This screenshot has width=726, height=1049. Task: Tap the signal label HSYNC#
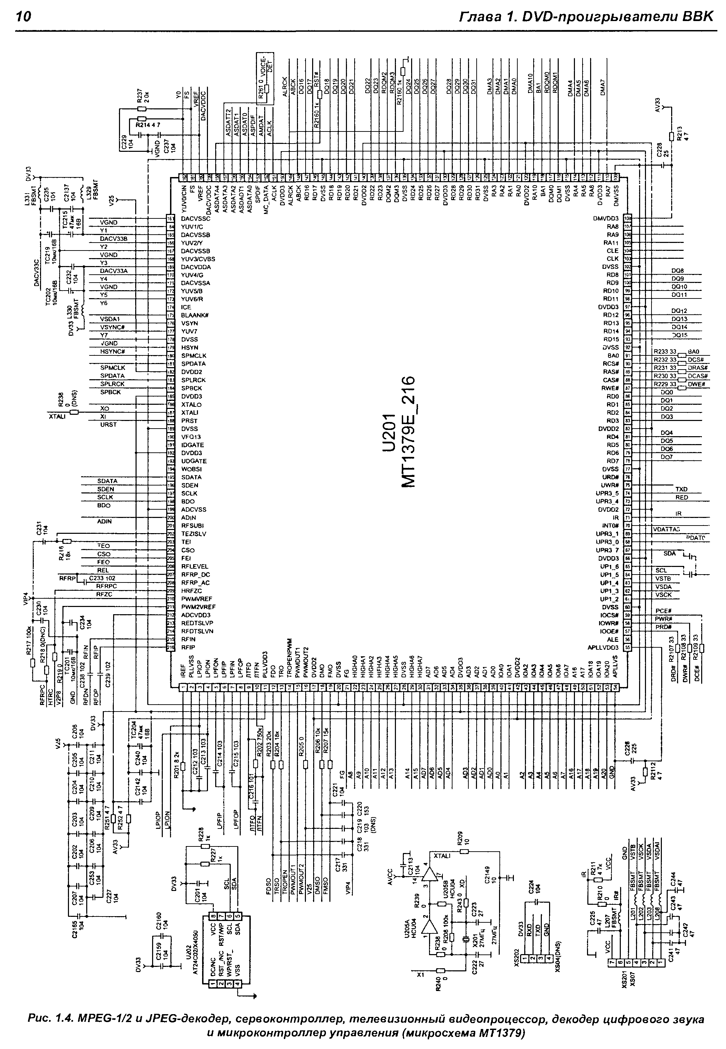click(112, 352)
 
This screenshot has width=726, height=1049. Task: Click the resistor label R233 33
click(665, 352)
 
